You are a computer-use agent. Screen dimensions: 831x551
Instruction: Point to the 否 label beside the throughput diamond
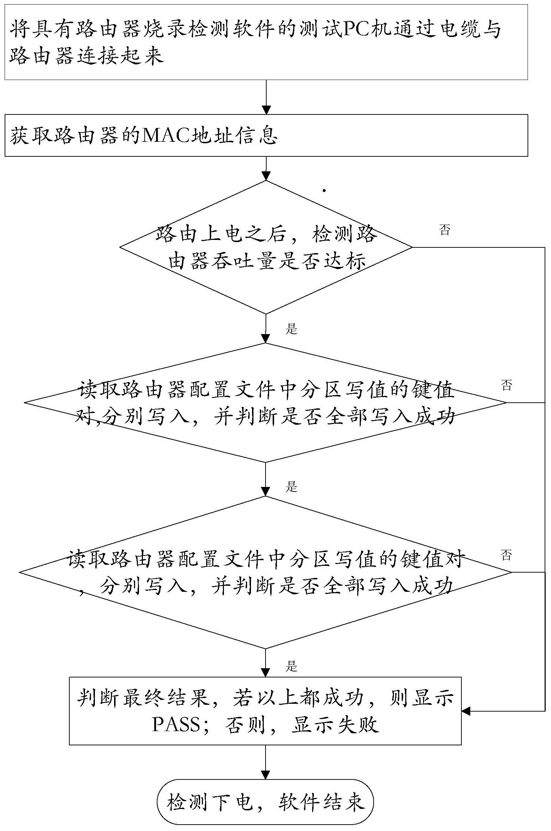445,230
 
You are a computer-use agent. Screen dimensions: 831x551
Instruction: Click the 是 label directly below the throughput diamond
291,329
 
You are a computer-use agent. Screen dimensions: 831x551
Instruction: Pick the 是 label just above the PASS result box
291,666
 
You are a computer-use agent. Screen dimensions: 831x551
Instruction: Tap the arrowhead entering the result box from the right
466,711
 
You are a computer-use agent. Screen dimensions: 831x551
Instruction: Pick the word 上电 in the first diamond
223,235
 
